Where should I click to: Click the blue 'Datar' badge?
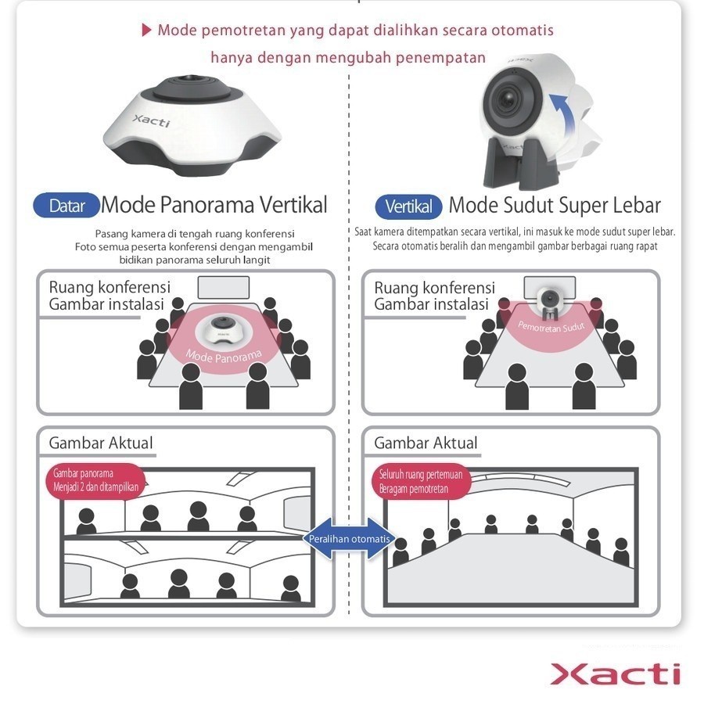click(x=66, y=206)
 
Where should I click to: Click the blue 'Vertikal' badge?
click(x=408, y=207)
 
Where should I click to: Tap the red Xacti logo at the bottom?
click(x=615, y=673)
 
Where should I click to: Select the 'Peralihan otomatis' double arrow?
click(x=350, y=539)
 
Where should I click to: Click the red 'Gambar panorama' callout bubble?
click(x=95, y=479)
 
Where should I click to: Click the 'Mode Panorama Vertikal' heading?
click(x=214, y=206)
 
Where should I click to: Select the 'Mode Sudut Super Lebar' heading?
click(x=555, y=206)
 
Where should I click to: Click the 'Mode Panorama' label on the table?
click(x=224, y=356)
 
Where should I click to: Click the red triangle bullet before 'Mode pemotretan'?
click(x=145, y=31)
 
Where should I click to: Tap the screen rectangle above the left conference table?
click(x=223, y=288)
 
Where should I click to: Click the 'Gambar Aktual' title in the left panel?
click(x=101, y=443)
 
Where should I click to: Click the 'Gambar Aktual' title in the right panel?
click(x=426, y=443)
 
